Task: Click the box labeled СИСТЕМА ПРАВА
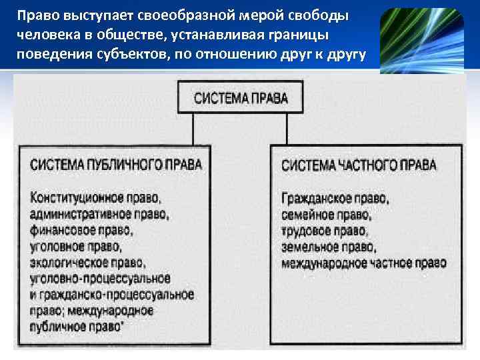(241, 97)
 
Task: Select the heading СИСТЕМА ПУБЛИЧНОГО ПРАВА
(115, 164)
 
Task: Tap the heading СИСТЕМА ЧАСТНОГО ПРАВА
(359, 164)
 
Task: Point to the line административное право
(99, 215)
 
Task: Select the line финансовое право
(81, 231)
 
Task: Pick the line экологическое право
(87, 263)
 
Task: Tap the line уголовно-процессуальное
(99, 278)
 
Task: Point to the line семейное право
(325, 215)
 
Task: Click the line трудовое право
(324, 231)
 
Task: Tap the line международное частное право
(363, 263)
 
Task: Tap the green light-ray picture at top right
(421, 40)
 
